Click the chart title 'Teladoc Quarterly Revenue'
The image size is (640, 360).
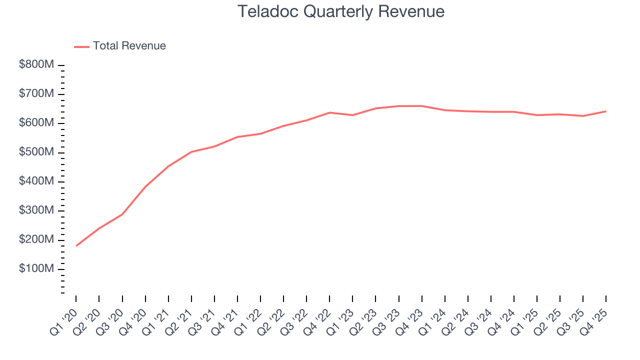(x=340, y=11)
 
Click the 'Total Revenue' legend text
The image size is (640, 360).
(x=129, y=46)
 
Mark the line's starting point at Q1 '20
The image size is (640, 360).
(x=76, y=246)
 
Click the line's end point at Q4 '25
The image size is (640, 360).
(x=606, y=111)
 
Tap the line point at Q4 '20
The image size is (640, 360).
(x=145, y=187)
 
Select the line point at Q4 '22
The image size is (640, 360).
(x=329, y=112)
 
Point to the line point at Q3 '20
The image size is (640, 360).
(x=122, y=214)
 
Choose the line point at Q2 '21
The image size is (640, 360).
(x=191, y=152)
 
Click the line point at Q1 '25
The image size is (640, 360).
(x=537, y=115)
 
